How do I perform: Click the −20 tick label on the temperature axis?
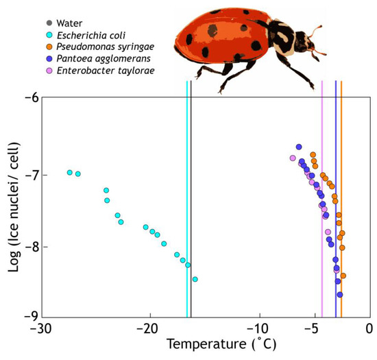pos(149,328)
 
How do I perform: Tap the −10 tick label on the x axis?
pos(258,328)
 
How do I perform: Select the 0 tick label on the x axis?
pos(369,328)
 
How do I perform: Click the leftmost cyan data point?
pos(70,173)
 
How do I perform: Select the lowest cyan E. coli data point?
pos(195,279)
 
